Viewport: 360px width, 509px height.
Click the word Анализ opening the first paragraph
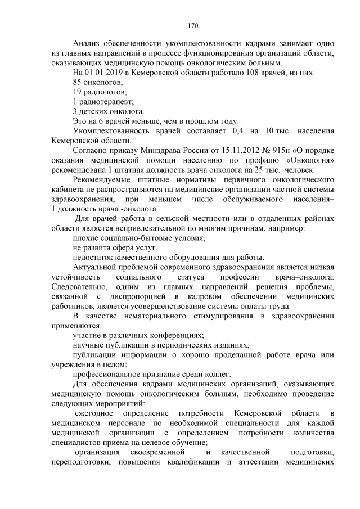[88, 43]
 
